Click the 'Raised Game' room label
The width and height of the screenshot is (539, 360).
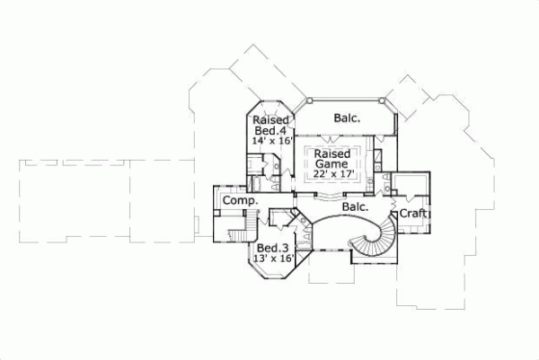pyautogui.click(x=331, y=159)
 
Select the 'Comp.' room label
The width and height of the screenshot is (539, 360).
pyautogui.click(x=241, y=201)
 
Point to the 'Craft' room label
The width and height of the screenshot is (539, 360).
pyautogui.click(x=412, y=214)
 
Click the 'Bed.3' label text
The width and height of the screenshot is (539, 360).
pyautogui.click(x=273, y=247)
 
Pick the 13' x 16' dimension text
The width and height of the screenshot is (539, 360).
pyautogui.click(x=274, y=259)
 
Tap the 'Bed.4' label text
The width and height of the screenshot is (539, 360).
pyautogui.click(x=269, y=131)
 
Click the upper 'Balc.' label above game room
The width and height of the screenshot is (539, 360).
pyautogui.click(x=348, y=118)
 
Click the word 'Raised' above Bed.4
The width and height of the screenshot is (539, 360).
pyautogui.click(x=269, y=120)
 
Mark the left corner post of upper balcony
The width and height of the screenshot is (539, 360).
pyautogui.click(x=296, y=102)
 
